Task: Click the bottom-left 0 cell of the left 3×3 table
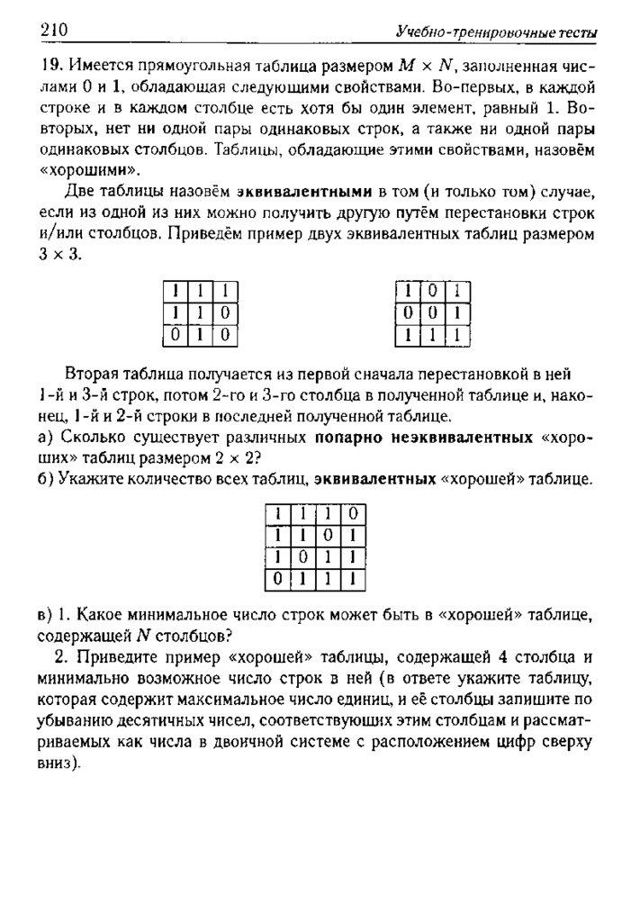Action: pyautogui.click(x=173, y=335)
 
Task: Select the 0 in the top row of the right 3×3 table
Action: pyautogui.click(x=434, y=291)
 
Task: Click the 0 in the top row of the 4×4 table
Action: pyautogui.click(x=354, y=512)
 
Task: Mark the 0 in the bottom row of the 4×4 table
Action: pyautogui.click(x=279, y=577)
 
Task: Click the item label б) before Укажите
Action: pyautogui.click(x=48, y=480)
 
